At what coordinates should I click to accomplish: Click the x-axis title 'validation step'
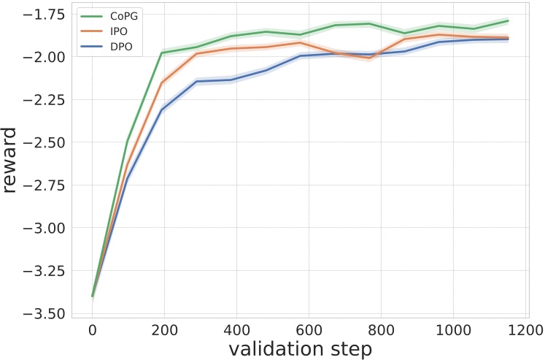coord(301,348)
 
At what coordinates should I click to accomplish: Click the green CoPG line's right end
coord(508,20)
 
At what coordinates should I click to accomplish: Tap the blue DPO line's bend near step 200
coord(162,110)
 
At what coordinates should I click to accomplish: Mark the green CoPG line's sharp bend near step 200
coord(162,53)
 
